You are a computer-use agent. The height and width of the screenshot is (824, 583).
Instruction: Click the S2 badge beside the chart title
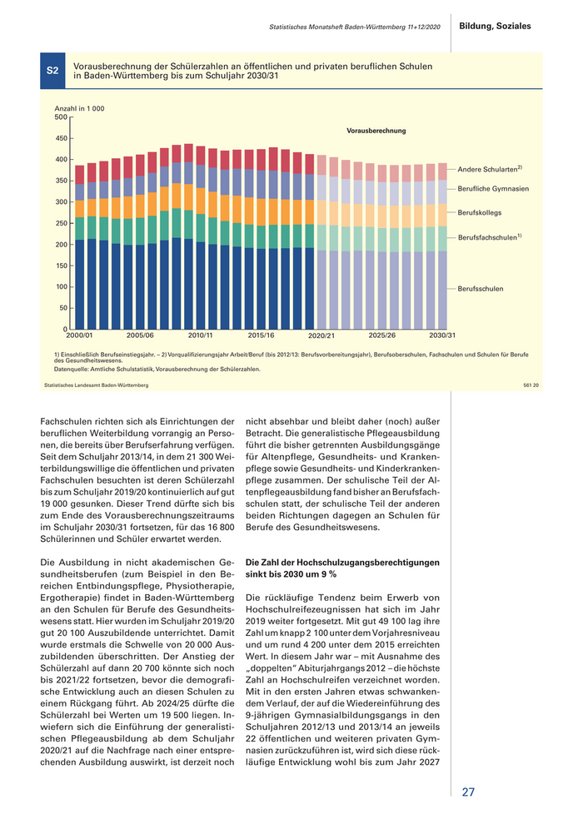[x=52, y=72]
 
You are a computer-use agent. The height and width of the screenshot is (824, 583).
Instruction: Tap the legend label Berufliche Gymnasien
[x=493, y=189]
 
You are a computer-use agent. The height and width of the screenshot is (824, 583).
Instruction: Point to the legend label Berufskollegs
[x=480, y=213]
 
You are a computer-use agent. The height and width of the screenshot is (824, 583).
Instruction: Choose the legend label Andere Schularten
[x=489, y=169]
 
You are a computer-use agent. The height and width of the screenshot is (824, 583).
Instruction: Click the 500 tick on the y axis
[x=61, y=117]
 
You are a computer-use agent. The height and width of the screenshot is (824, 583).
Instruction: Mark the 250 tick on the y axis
[x=61, y=223]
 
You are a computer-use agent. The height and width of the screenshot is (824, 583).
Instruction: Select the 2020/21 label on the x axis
[x=321, y=335]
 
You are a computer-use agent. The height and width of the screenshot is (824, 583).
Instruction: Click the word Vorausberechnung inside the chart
[x=376, y=131]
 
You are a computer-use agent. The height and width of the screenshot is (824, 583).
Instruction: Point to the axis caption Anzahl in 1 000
[x=79, y=109]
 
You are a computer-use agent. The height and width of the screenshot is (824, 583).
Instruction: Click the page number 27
[x=468, y=792]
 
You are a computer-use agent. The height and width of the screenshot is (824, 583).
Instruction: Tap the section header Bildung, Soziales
[x=495, y=27]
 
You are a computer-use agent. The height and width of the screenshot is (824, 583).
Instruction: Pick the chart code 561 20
[x=531, y=385]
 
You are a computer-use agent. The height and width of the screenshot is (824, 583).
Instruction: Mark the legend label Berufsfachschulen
[x=489, y=237]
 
